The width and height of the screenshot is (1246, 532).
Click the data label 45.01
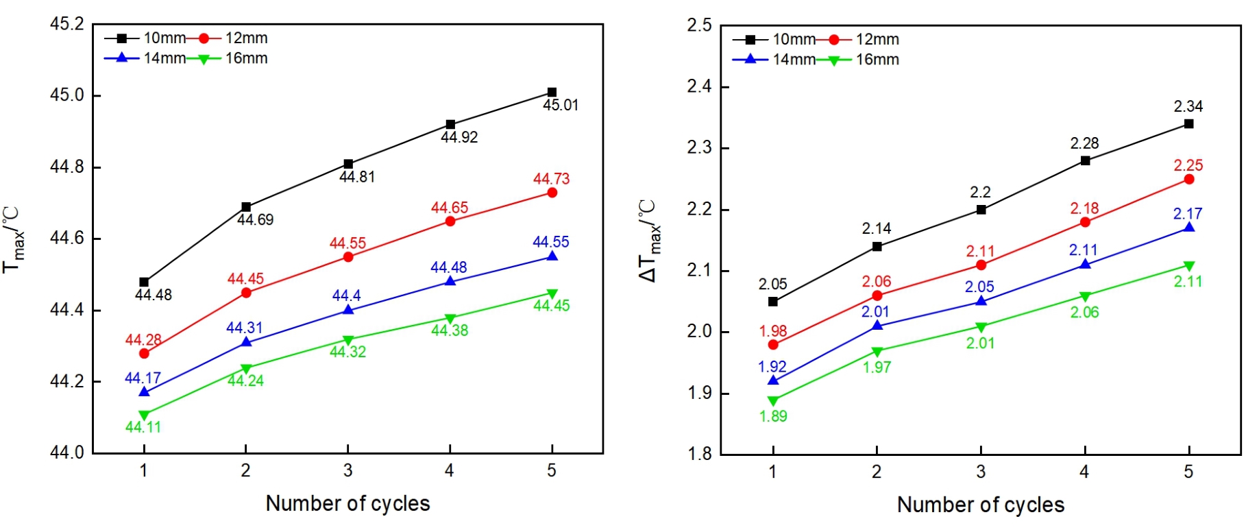(560, 106)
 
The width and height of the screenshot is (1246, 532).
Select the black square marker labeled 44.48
(144, 282)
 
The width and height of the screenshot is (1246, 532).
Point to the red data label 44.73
(551, 179)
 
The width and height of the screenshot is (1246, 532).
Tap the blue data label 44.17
(143, 378)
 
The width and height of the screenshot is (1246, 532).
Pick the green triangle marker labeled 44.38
(450, 319)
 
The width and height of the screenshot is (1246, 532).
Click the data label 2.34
(1188, 107)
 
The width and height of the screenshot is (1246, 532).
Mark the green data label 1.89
(773, 416)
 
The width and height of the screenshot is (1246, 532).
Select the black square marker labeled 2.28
(1085, 160)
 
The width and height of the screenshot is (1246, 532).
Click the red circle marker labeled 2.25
(1189, 180)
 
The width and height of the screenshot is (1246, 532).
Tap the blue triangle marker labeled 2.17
(1189, 228)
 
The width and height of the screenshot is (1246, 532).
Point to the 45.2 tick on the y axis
(67, 25)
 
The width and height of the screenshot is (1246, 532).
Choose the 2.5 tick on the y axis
(699, 26)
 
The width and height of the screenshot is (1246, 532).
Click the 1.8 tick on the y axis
(699, 454)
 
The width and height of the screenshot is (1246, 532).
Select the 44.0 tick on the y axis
(67, 452)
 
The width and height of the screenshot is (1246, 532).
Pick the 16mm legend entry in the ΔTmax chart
(877, 60)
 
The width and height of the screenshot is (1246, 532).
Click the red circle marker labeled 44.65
(450, 221)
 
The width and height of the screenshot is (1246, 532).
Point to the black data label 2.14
(876, 229)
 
